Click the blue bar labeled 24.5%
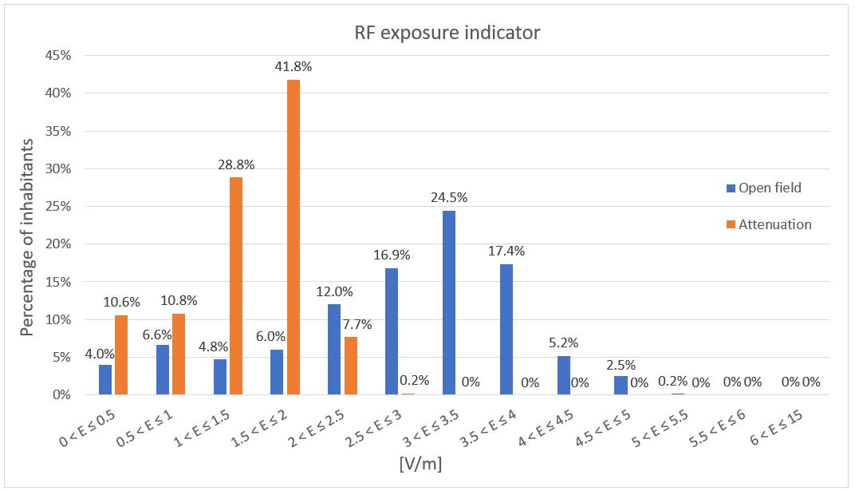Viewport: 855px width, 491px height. [x=449, y=303]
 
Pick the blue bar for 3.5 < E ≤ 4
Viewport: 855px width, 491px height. [x=506, y=329]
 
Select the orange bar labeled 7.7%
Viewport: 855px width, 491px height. [x=350, y=366]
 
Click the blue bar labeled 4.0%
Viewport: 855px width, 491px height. [x=105, y=380]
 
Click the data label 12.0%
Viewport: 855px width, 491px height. [x=336, y=292]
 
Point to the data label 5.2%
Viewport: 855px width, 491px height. [x=564, y=343]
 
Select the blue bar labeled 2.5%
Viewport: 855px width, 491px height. [x=621, y=386]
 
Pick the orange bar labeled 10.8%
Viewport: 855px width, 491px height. [x=178, y=354]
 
